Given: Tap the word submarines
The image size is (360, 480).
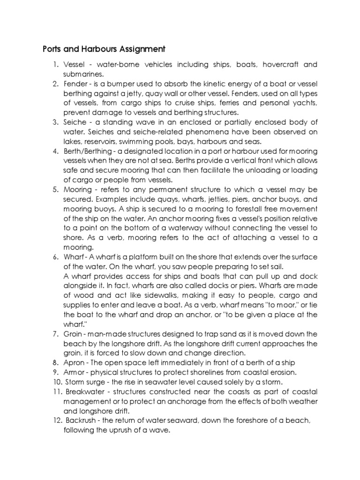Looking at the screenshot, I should [82, 74].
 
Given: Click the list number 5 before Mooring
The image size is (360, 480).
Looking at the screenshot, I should [55, 189].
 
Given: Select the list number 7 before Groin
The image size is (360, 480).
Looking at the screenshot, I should [55, 334].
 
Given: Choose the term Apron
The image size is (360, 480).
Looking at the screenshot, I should [75, 363].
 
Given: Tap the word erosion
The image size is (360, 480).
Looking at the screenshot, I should [282, 372].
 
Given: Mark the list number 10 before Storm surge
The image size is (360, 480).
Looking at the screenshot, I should [56, 382].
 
